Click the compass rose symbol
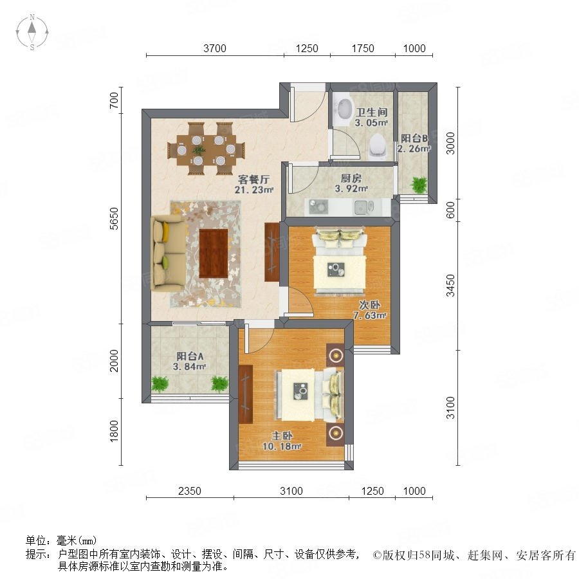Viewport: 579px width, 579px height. click(x=32, y=32)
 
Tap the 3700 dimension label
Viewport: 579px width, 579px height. click(x=214, y=48)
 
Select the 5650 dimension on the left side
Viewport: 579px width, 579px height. click(x=115, y=219)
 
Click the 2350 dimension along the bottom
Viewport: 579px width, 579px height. click(x=189, y=491)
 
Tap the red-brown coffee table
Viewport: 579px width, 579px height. click(x=214, y=253)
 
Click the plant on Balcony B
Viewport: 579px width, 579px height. click(x=419, y=185)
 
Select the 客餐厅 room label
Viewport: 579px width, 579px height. click(x=254, y=179)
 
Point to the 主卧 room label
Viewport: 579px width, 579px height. click(x=282, y=436)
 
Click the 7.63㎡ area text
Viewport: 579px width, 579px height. click(x=370, y=316)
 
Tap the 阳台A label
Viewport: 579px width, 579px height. click(x=190, y=356)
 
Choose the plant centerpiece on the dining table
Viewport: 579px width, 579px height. click(x=199, y=150)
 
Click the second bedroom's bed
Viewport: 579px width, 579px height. click(x=340, y=261)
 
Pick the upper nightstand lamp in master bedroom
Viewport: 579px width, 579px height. click(x=335, y=355)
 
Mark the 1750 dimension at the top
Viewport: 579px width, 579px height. click(x=363, y=48)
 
